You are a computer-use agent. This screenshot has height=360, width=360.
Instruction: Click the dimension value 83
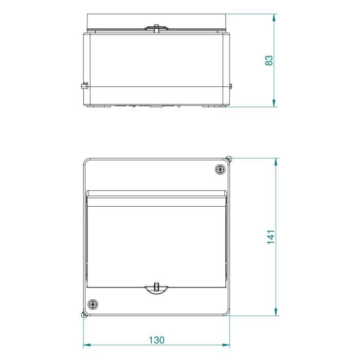[x=269, y=60]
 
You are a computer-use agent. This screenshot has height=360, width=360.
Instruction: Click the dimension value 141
[x=271, y=237]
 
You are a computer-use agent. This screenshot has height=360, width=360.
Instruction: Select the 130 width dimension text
[x=156, y=340]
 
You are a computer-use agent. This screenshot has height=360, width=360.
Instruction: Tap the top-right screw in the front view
[x=221, y=169]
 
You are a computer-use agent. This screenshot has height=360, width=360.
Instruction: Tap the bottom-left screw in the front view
[x=93, y=304]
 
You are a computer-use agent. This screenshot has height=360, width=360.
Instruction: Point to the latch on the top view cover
[x=156, y=28]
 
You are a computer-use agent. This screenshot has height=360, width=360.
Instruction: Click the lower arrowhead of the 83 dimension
[x=274, y=103]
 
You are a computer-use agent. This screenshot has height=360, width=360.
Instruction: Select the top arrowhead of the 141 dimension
[x=276, y=162]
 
